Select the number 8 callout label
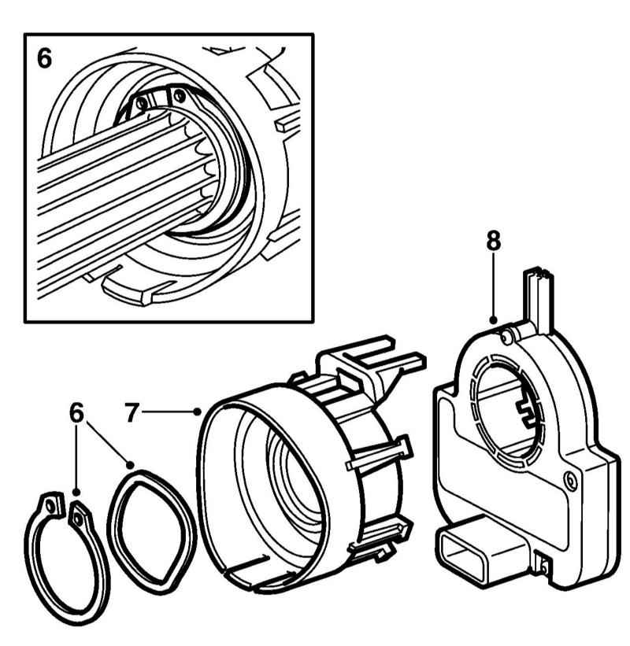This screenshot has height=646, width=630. [493, 243]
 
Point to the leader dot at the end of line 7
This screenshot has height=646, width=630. [196, 411]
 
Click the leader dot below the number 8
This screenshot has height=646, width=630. [493, 320]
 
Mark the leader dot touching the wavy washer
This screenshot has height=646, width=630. [129, 465]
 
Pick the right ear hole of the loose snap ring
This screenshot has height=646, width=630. [77, 516]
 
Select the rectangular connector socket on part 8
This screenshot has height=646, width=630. [466, 545]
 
